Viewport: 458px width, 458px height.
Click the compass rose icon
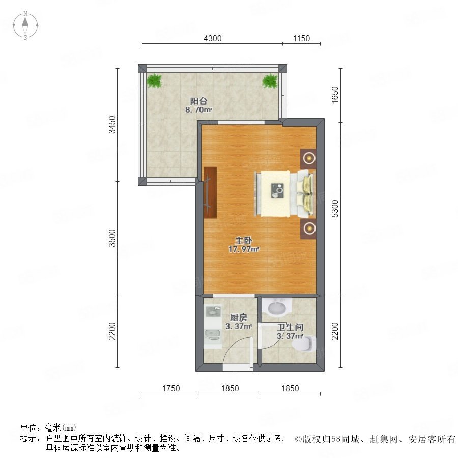click(x=25, y=25)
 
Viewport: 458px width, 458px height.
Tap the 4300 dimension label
click(x=212, y=38)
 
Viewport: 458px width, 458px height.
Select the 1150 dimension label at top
click(x=301, y=38)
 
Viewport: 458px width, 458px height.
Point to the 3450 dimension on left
click(x=112, y=125)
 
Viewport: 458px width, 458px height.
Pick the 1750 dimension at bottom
click(x=171, y=388)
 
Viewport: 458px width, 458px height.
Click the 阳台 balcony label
click(x=198, y=101)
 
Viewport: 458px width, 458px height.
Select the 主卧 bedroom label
click(x=244, y=241)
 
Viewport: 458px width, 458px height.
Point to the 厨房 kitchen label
click(x=239, y=318)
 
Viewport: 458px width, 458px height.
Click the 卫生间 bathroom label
click(x=290, y=327)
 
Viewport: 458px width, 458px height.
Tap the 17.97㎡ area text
click(x=244, y=250)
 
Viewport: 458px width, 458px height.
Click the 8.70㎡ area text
click(x=198, y=110)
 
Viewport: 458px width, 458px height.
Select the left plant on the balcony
click(x=154, y=80)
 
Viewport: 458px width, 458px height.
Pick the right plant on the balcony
click(x=270, y=80)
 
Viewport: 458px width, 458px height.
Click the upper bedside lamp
click(x=308, y=159)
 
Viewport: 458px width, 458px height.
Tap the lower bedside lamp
click(x=308, y=228)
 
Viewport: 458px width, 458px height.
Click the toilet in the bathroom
click(x=304, y=344)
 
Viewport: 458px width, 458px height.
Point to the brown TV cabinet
click(x=210, y=193)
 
